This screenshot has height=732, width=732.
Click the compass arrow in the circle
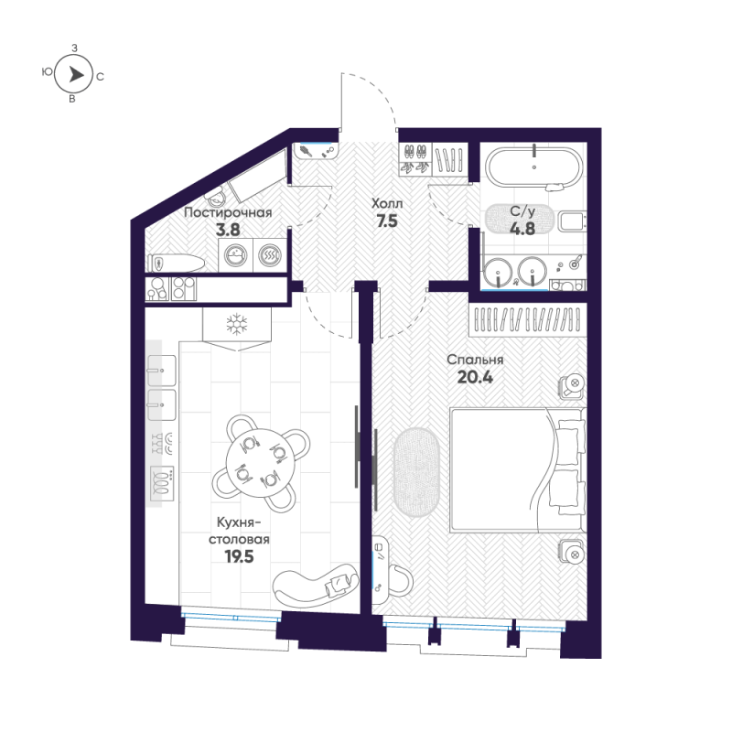pyautogui.click(x=77, y=74)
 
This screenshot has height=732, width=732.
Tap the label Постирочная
pyautogui.click(x=228, y=213)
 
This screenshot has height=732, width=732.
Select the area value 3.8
pyautogui.click(x=228, y=230)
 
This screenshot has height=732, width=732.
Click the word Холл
pyautogui.click(x=387, y=203)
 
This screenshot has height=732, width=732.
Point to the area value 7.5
pyautogui.click(x=387, y=221)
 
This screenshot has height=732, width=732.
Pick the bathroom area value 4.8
pyautogui.click(x=522, y=229)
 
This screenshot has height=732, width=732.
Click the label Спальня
pyautogui.click(x=475, y=360)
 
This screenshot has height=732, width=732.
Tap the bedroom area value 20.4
pyautogui.click(x=475, y=377)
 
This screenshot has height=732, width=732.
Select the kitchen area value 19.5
pyautogui.click(x=239, y=556)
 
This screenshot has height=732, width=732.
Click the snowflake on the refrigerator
pyautogui.click(x=237, y=324)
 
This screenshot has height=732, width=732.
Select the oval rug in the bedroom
pyautogui.click(x=416, y=472)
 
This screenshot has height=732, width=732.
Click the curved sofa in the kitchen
pyautogui.click(x=316, y=584)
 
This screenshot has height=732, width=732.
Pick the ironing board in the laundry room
pyautogui.click(x=176, y=264)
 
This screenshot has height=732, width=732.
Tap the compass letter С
pyautogui.click(x=100, y=77)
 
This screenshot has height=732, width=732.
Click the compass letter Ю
pyautogui.click(x=48, y=71)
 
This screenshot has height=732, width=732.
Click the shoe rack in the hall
pyautogui.click(x=415, y=159)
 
